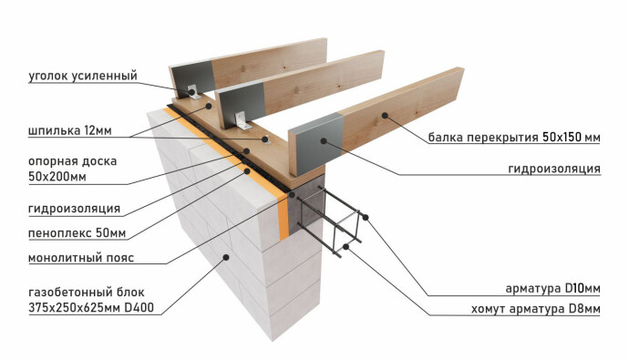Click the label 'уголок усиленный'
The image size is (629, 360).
[83, 76]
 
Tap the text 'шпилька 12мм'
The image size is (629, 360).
[70, 130]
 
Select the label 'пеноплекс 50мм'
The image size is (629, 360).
[77, 233]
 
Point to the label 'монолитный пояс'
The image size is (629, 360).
[81, 257]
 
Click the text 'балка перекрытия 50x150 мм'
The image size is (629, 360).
[514, 138]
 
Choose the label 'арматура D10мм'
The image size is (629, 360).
[552, 288]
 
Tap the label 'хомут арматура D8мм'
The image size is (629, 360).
[535, 309]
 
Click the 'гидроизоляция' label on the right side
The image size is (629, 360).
[554, 169]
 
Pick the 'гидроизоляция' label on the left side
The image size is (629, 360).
[74, 209]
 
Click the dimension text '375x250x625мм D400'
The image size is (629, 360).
[91, 308]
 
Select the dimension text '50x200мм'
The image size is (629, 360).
[57, 177]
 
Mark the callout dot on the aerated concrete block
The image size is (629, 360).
[226, 257]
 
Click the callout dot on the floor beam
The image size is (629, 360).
[385, 116]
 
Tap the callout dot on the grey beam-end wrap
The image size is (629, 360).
[324, 140]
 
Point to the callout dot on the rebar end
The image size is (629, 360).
[365, 217]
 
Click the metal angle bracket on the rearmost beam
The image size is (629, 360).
[193, 92]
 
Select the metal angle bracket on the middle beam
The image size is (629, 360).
[242, 120]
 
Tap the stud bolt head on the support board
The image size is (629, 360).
[264, 139]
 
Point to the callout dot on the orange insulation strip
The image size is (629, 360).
[248, 170]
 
